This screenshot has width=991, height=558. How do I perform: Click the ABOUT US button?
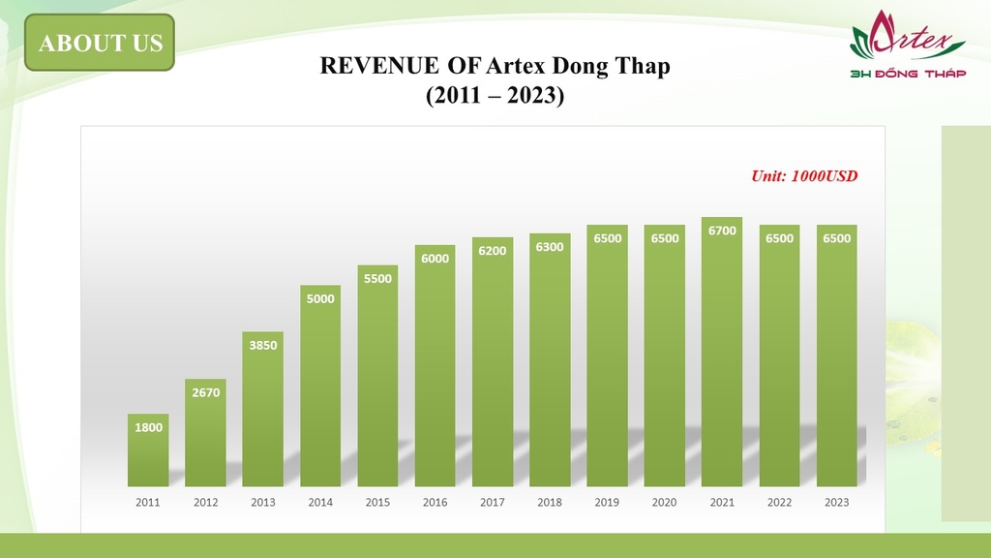click(x=100, y=43)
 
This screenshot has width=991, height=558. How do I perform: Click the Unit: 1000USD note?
click(x=804, y=176)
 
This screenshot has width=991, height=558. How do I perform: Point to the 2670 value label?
click(x=205, y=392)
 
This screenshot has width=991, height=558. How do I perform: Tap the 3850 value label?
click(x=263, y=345)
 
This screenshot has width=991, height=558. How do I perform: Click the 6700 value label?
click(x=722, y=231)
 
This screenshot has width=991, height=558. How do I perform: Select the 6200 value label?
click(x=493, y=251)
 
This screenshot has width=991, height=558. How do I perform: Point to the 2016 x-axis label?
click(x=435, y=503)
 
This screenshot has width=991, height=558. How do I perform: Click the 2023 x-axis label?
click(x=836, y=503)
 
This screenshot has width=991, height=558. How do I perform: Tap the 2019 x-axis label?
click(x=607, y=503)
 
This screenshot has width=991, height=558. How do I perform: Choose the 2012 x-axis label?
click(x=205, y=503)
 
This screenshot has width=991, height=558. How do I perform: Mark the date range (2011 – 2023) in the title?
click(x=495, y=97)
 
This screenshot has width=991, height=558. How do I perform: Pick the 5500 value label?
click(x=377, y=278)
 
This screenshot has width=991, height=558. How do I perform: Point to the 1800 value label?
click(x=148, y=427)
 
